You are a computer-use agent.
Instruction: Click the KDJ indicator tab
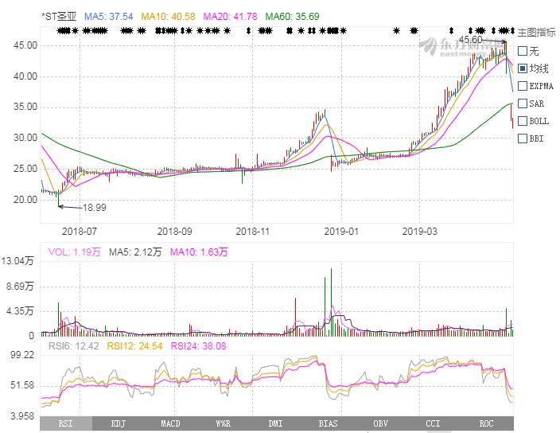119,424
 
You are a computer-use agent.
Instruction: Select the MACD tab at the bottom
170,424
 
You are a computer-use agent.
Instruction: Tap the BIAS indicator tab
326,424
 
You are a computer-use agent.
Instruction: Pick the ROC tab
485,424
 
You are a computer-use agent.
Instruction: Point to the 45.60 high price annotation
471,39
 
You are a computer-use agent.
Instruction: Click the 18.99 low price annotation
95,207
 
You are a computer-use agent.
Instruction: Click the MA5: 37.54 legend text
107,16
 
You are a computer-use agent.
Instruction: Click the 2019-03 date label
420,232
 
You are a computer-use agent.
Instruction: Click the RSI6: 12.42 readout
72,345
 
